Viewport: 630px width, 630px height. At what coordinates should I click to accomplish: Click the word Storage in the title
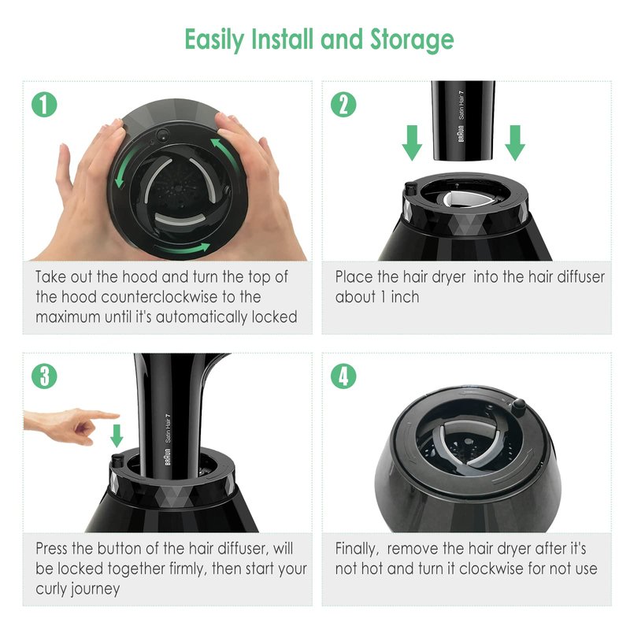coord(412,40)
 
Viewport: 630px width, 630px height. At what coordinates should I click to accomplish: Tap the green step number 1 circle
coord(44,105)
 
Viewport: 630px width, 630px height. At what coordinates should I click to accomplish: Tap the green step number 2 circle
coord(343,105)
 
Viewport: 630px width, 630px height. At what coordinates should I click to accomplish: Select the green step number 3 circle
coord(44,376)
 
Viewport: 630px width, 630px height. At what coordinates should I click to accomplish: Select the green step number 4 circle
coord(343,376)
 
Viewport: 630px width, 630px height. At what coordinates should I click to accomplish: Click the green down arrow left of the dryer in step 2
coord(412,143)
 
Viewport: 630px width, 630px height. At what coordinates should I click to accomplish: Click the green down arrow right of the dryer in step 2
coord(515,143)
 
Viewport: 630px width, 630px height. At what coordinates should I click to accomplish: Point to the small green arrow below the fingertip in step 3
coord(117,436)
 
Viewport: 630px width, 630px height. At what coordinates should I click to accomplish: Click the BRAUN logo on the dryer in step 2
coord(461,133)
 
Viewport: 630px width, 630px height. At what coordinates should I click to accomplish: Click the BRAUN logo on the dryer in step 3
coord(168,457)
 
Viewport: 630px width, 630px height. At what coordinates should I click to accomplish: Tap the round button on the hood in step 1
coord(163,135)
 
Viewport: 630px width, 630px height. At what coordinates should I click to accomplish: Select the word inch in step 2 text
coord(405,297)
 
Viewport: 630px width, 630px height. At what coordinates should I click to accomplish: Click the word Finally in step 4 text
coord(356,549)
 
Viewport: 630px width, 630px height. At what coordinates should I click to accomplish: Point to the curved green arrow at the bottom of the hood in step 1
coord(182,248)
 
